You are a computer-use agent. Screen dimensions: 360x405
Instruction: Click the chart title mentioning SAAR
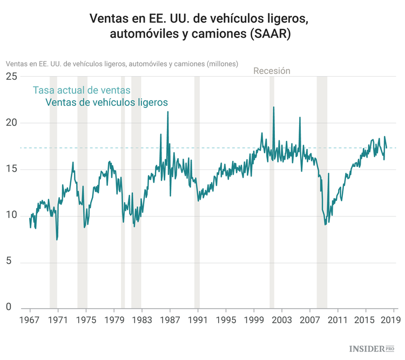[202, 25]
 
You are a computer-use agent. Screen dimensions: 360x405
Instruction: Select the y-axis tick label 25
[11, 77]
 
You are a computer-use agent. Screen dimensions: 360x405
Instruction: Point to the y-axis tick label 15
[11, 169]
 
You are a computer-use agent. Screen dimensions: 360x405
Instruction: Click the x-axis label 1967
[30, 320]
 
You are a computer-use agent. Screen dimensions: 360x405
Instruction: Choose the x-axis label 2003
[281, 320]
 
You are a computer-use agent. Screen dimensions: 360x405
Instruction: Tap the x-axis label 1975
[86, 320]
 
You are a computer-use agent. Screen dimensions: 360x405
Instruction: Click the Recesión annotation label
[272, 71]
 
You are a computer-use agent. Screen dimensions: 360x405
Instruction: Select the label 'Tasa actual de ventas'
[82, 90]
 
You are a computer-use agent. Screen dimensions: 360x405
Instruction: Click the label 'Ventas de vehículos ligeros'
[106, 102]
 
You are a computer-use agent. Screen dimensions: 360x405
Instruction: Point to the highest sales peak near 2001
[273, 107]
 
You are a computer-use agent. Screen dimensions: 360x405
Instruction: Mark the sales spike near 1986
[167, 112]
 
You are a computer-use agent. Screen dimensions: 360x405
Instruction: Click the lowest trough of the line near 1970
[57, 239]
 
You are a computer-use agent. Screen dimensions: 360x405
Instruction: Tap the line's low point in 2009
[325, 224]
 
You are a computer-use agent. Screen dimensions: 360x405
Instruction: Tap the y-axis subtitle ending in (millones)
[122, 64]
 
